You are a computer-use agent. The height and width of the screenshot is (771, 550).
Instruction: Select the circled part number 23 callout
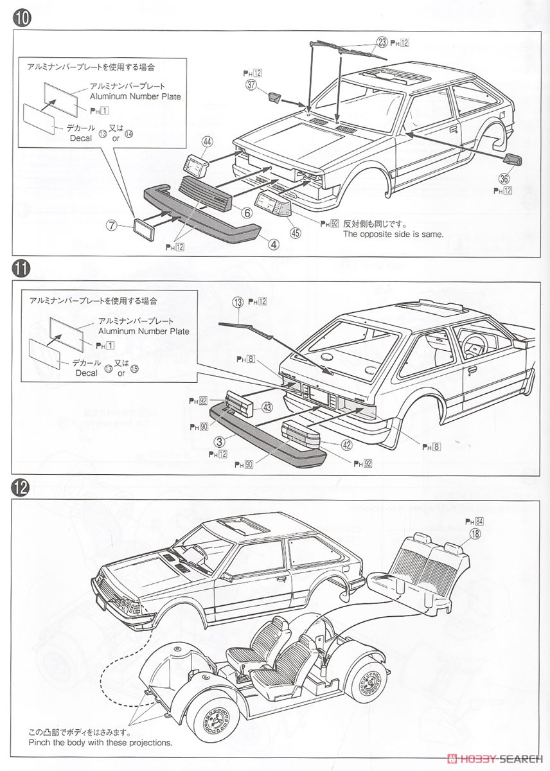[382, 42]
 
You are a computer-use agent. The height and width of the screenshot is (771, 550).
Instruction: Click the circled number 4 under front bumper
[274, 244]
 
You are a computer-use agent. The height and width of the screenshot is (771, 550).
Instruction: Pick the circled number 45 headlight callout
[296, 233]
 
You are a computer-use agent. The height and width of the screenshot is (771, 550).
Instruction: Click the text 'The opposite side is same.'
[393, 235]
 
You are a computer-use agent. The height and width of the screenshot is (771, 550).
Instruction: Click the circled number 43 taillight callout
[267, 407]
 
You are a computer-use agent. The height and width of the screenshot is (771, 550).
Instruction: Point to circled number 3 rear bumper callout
[219, 442]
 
